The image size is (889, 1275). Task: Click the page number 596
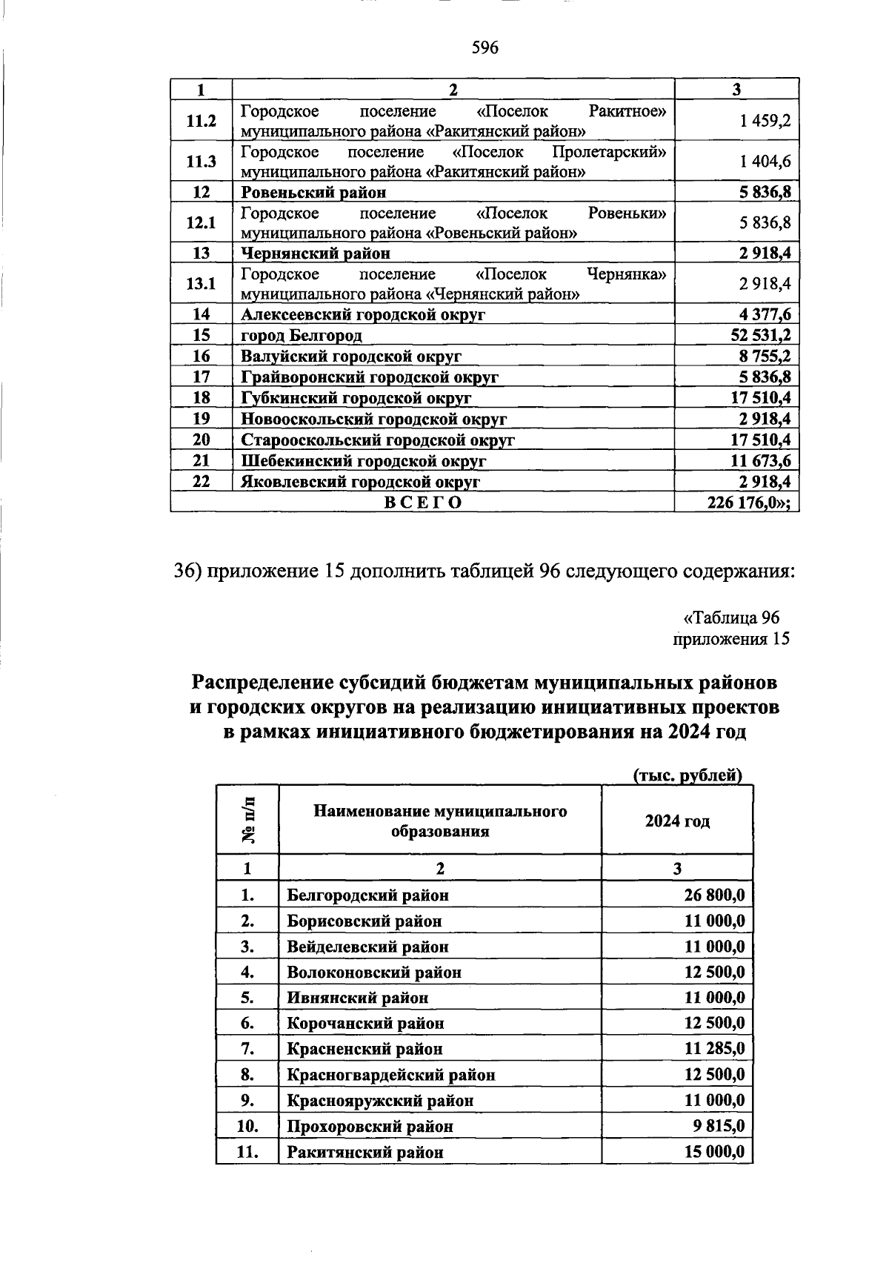(485, 49)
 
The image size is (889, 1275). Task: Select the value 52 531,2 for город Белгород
(761, 336)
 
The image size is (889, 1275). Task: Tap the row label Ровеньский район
(313, 193)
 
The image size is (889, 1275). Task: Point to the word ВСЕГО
(423, 503)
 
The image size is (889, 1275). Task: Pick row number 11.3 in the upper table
(201, 162)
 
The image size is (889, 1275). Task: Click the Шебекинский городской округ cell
(363, 461)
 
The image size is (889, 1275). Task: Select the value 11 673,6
(761, 461)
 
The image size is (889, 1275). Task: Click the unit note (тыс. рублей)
(687, 776)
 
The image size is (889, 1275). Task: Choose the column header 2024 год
(677, 821)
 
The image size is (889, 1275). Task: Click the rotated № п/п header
(248, 820)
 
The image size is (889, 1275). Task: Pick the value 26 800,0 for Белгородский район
(714, 895)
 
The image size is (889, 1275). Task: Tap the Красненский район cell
(364, 1050)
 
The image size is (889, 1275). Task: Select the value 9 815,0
(719, 1127)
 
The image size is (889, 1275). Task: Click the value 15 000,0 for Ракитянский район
(714, 1153)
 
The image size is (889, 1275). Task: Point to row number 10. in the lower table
(247, 1127)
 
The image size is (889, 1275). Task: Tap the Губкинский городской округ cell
(356, 398)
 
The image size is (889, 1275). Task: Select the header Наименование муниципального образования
(440, 821)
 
